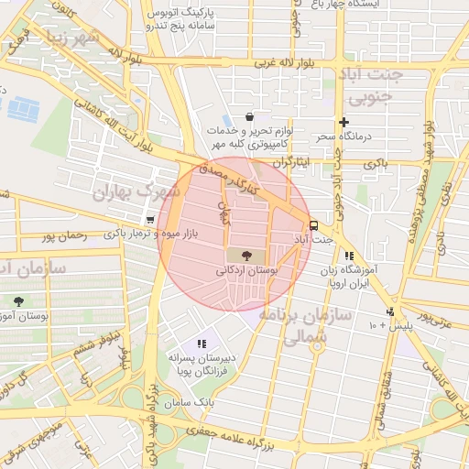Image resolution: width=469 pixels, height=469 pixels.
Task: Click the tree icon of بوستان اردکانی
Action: [245, 255]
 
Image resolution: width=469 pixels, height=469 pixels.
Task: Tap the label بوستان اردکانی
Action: [245, 271]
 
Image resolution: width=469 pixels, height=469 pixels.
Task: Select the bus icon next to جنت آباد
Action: [314, 224]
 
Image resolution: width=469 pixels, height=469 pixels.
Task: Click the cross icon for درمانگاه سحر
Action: [344, 122]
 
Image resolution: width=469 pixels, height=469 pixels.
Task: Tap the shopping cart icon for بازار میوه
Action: [150, 220]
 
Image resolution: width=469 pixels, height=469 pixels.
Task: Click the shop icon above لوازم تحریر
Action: [250, 116]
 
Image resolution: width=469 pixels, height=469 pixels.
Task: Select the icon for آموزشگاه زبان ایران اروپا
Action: [348, 256]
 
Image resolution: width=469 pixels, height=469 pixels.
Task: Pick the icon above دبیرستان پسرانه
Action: [202, 343]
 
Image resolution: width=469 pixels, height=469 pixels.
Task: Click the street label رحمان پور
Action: [63, 235]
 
